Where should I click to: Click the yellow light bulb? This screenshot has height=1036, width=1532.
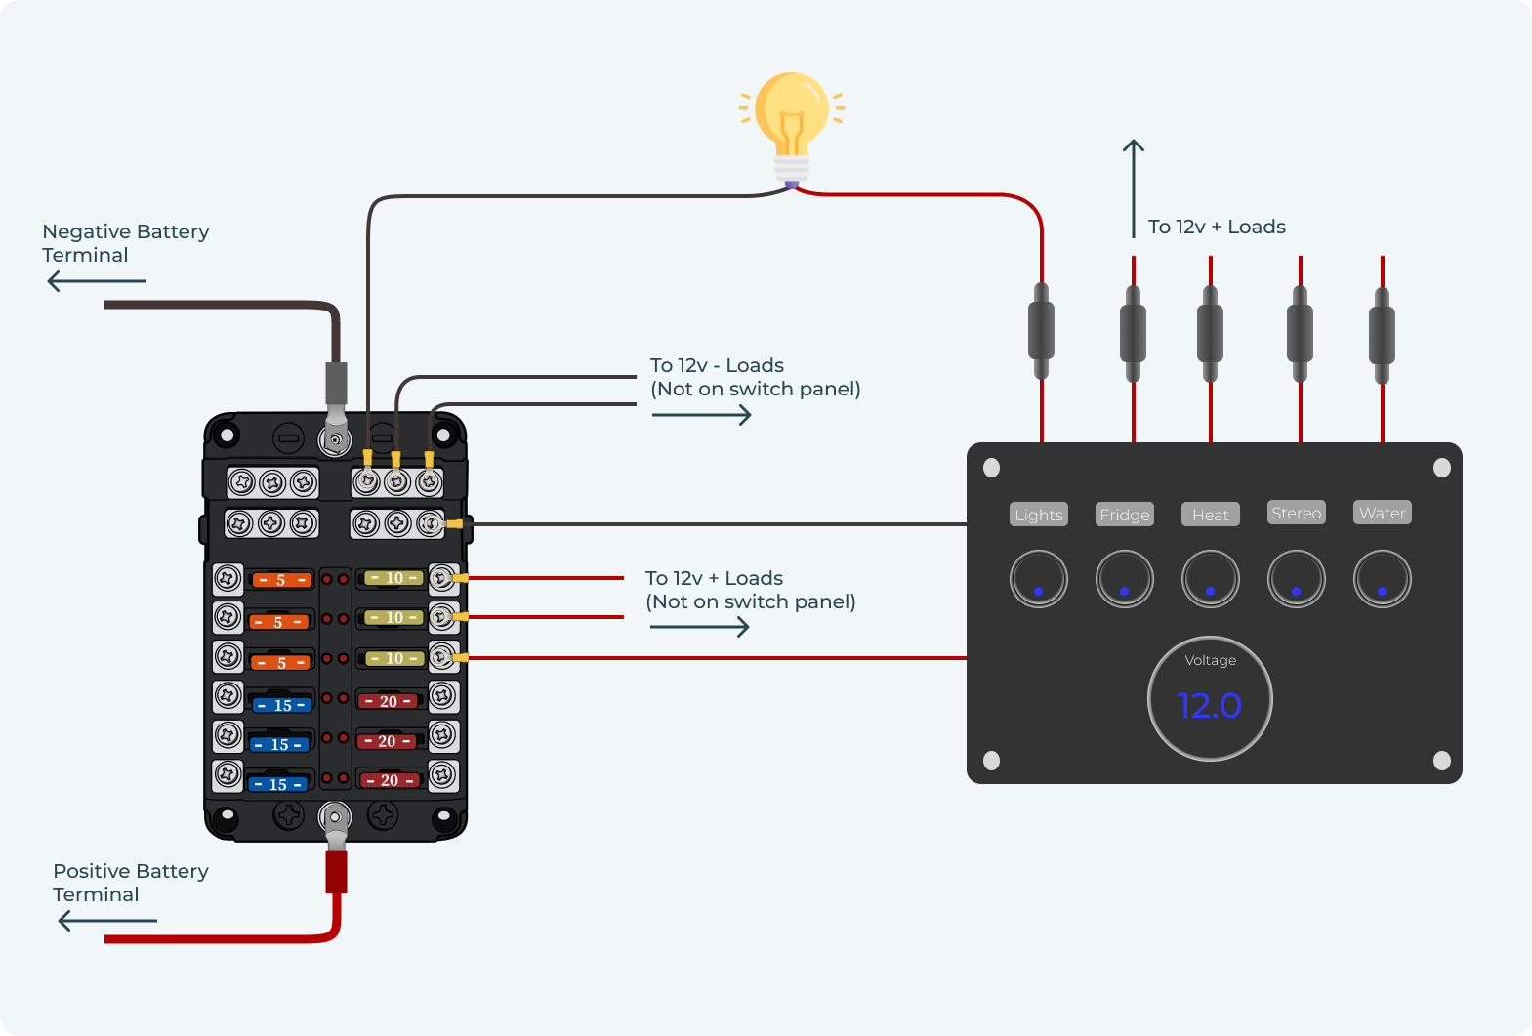pos(792,117)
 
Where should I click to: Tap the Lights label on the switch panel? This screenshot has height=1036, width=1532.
pos(1038,515)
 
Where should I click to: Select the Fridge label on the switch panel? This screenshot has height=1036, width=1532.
pos(1125,515)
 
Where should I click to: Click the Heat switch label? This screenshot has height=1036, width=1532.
pos(1210,515)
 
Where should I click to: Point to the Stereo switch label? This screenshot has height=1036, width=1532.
pos(1296,513)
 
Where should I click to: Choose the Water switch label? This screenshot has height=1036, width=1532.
pos(1382,513)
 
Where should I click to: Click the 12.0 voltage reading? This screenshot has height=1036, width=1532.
pos(1210,705)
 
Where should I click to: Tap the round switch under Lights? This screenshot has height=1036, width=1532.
pos(1038,579)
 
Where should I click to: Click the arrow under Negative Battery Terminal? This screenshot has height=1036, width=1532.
pos(96,281)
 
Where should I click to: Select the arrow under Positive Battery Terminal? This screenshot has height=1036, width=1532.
pos(106,921)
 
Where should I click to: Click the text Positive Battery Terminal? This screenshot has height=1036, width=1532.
pos(130,883)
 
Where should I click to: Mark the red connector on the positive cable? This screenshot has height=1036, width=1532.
pos(336,872)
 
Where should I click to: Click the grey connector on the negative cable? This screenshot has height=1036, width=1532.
pos(336,384)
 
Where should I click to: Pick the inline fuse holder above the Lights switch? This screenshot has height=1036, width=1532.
pos(1042,332)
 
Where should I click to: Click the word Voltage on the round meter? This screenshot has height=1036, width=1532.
pos(1210,661)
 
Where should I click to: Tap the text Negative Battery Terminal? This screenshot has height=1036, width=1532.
pos(125,243)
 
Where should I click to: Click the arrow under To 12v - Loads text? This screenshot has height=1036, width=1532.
pos(701,415)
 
